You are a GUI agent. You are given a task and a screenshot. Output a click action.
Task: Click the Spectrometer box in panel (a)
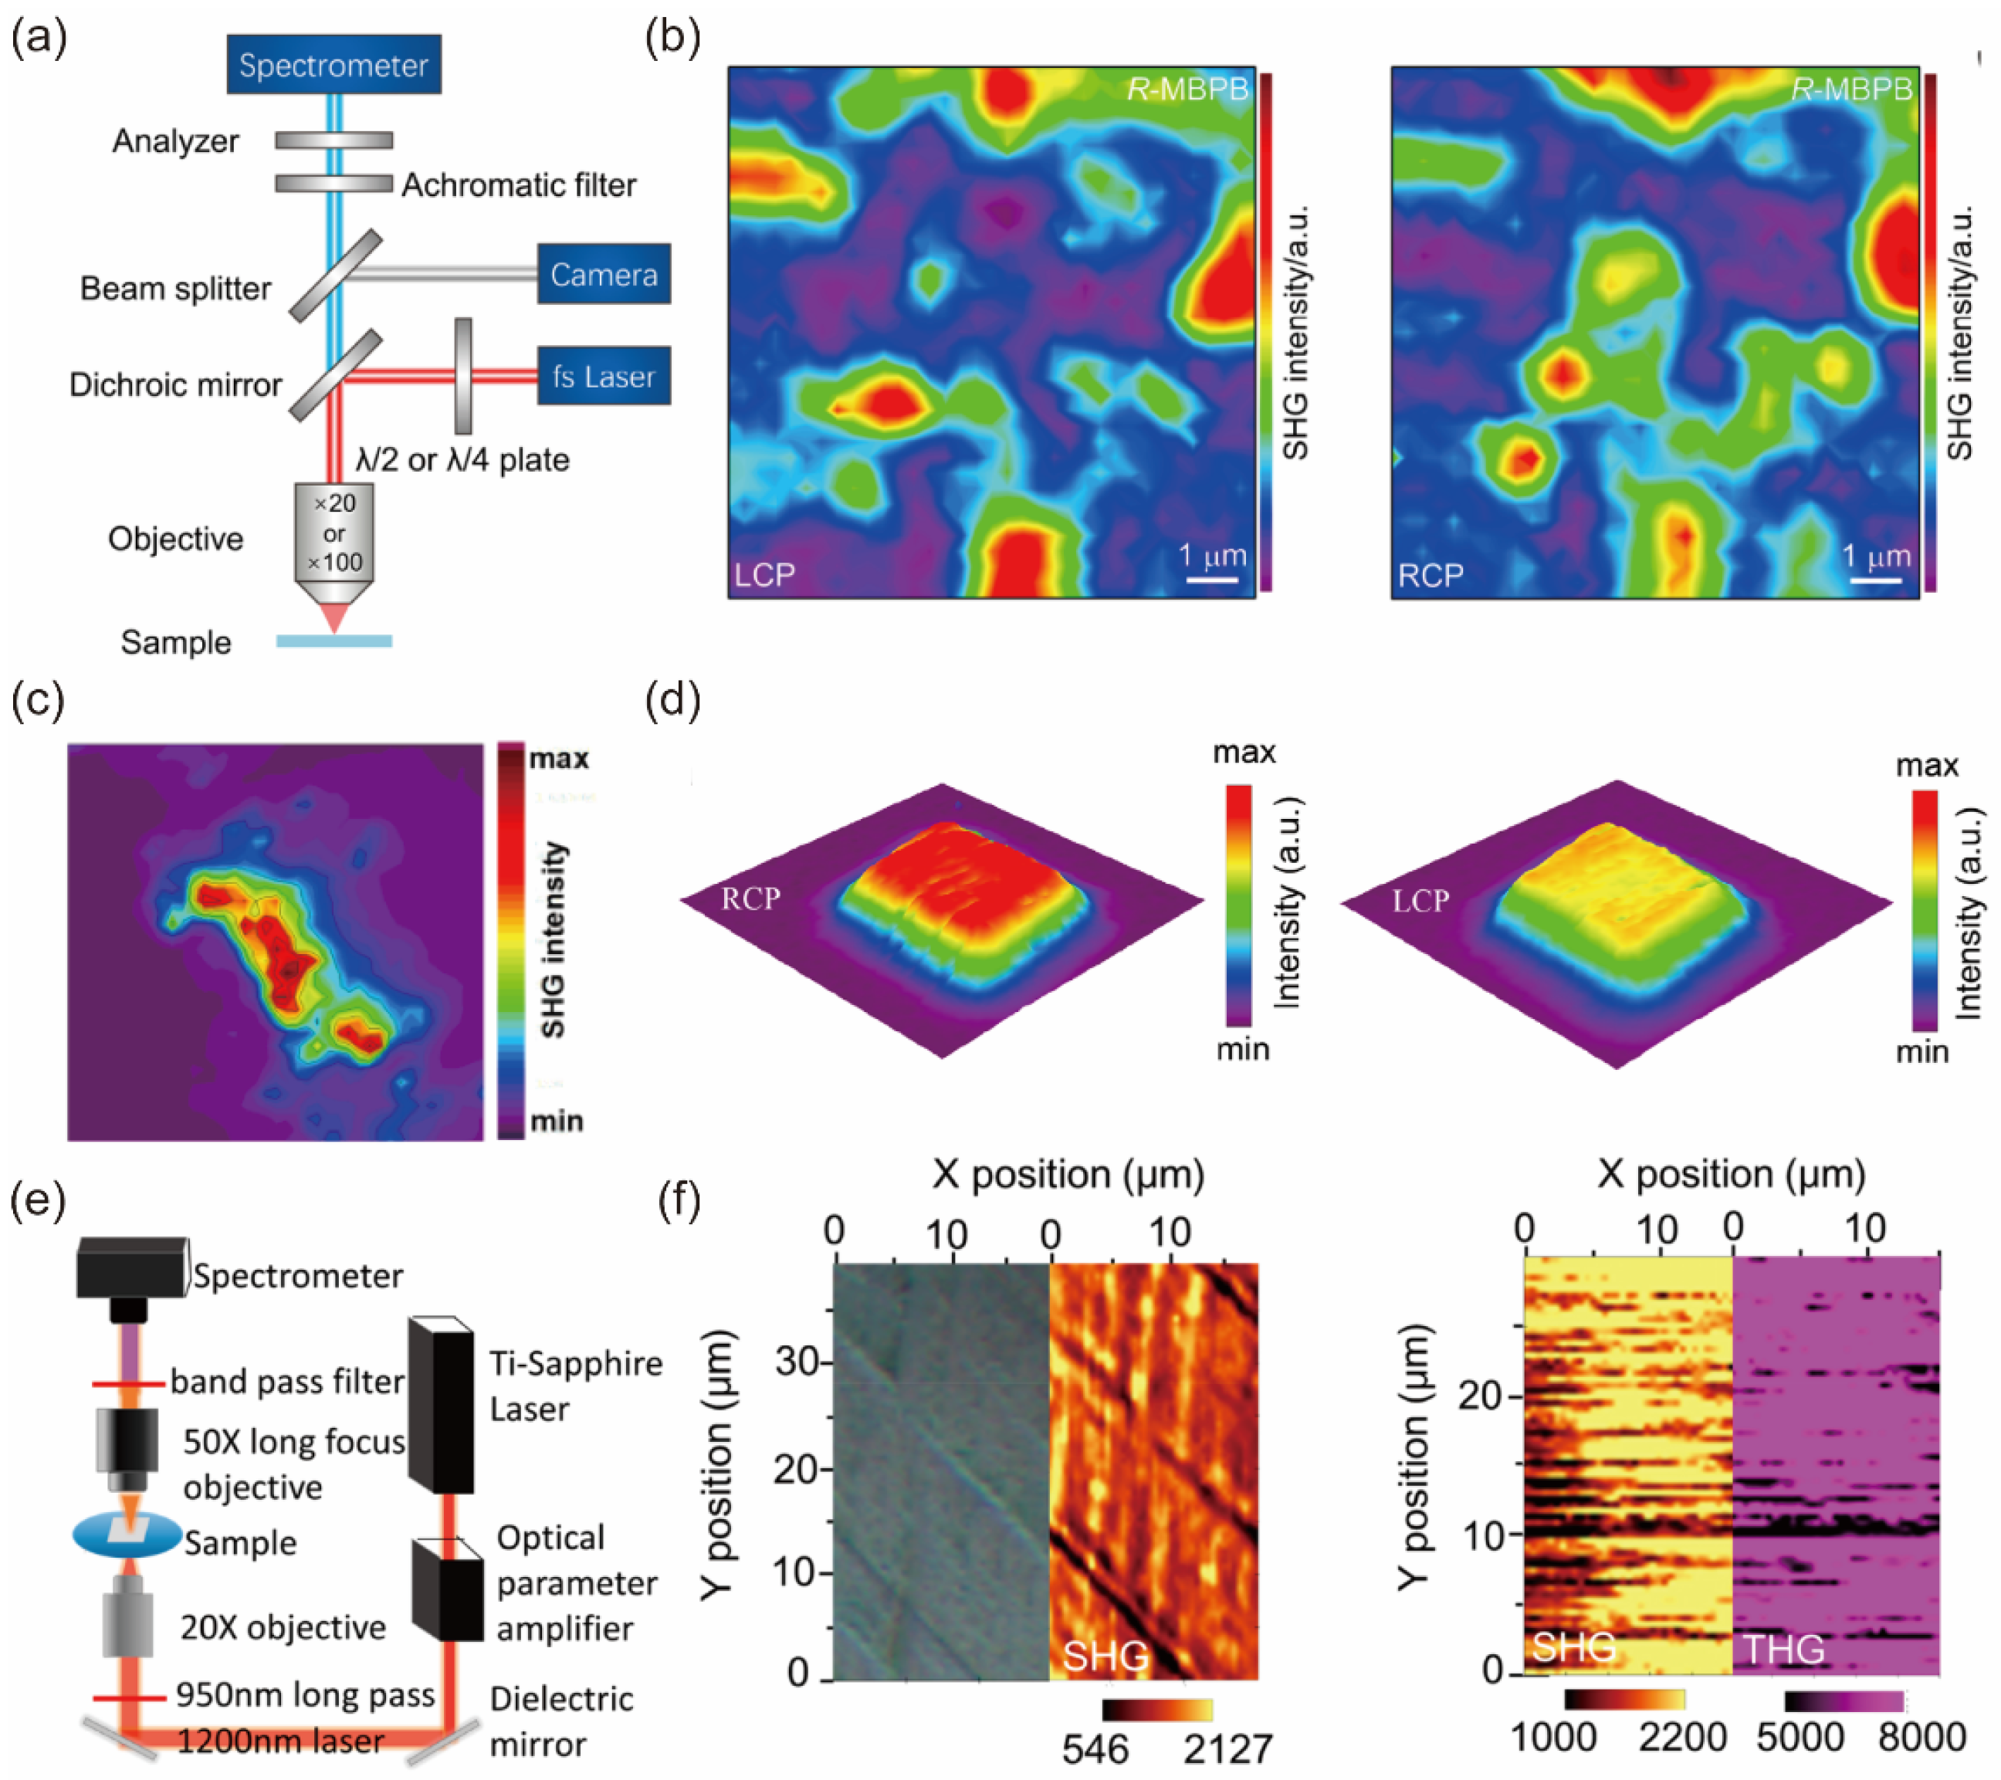tap(333, 65)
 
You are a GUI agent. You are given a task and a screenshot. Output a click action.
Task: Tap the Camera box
tap(603, 274)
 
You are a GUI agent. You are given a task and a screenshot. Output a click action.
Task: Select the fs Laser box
tap(603, 376)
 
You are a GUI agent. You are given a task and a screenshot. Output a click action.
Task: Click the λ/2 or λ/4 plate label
tap(463, 459)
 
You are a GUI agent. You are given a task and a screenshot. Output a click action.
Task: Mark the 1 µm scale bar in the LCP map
tap(1212, 580)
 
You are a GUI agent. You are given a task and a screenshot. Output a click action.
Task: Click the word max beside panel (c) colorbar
tap(559, 759)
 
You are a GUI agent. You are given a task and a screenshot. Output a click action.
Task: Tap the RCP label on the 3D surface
tap(751, 898)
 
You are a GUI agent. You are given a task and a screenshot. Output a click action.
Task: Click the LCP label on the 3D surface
tap(1420, 900)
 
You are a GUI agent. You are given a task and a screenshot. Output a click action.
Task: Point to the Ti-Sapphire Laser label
tap(576, 1386)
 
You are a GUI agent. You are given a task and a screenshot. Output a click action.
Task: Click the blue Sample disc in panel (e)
tap(127, 1535)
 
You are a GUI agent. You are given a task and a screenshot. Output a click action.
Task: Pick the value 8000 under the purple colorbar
tap(1921, 1737)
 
